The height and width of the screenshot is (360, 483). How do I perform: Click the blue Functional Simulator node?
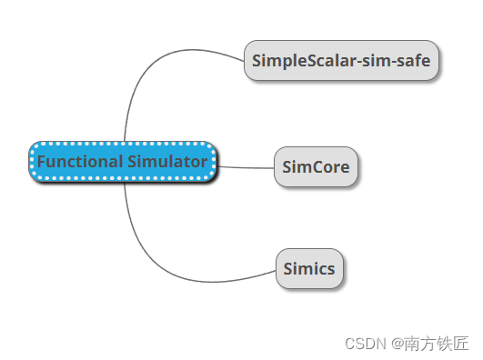(x=123, y=162)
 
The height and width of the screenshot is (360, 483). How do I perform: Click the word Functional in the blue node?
(x=78, y=162)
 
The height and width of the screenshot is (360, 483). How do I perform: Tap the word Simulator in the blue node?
(x=166, y=162)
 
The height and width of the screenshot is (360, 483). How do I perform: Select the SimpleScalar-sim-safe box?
(x=342, y=61)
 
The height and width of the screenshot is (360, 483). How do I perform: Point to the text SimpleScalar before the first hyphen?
(x=296, y=61)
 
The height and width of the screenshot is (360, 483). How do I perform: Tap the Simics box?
(x=310, y=269)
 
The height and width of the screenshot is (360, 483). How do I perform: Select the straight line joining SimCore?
(x=246, y=167)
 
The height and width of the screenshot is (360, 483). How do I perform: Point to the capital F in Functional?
(x=41, y=162)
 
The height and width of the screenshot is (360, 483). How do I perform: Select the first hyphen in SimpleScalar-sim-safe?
(x=357, y=62)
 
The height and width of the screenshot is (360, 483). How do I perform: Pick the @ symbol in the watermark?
(x=397, y=344)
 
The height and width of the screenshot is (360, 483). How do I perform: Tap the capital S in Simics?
(x=287, y=269)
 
